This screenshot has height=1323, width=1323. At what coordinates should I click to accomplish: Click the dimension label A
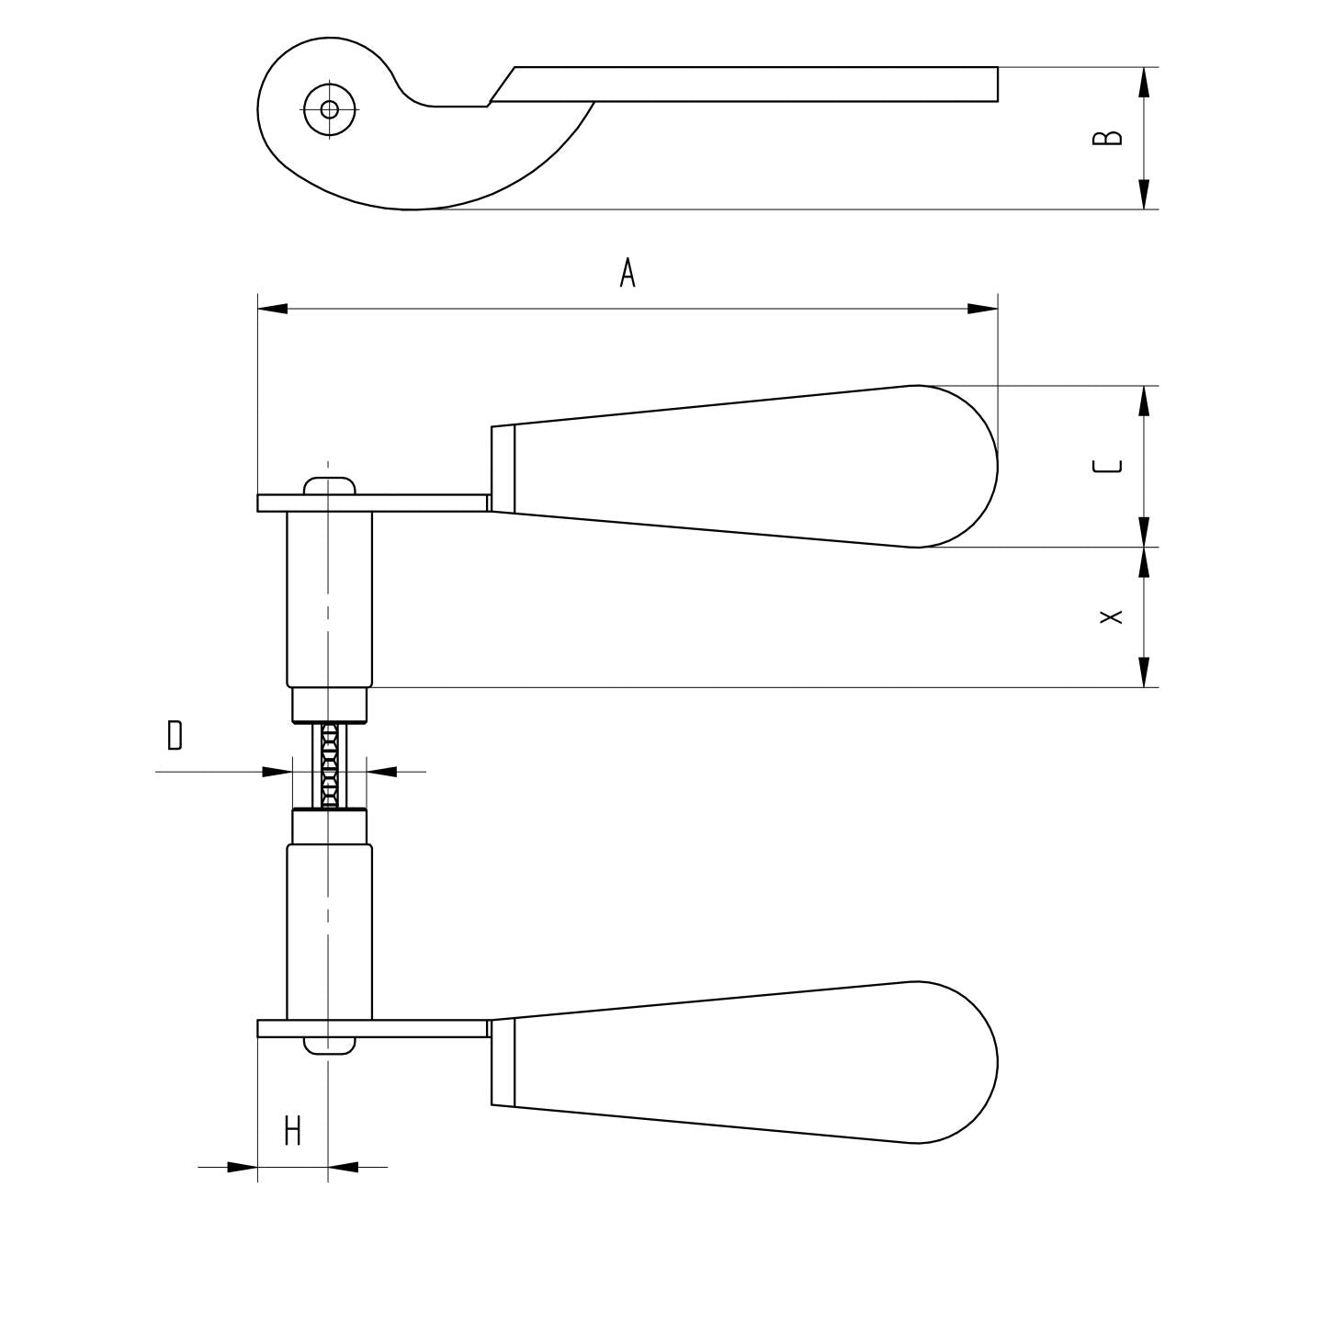click(628, 273)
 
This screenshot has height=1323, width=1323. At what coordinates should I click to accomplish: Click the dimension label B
click(1108, 137)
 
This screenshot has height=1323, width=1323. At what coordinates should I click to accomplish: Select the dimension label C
click(1108, 466)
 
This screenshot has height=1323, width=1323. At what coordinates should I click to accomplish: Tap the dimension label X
click(1112, 616)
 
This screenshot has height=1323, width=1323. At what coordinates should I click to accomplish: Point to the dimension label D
click(175, 736)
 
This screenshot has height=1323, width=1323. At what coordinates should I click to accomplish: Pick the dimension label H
click(292, 1131)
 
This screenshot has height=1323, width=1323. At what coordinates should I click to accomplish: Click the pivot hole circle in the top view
click(329, 109)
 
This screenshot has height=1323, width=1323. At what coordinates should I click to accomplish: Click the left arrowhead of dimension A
click(273, 309)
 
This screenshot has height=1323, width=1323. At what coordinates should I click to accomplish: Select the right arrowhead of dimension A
click(983, 309)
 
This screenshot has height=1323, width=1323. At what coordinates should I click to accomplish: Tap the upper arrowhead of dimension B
click(1144, 83)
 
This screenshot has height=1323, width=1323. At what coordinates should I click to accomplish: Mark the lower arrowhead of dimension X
click(1144, 672)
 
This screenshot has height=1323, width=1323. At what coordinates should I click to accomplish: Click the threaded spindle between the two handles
click(329, 765)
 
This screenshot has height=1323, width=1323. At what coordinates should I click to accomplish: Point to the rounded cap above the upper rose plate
click(329, 485)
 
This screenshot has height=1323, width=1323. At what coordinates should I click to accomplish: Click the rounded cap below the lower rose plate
click(329, 1046)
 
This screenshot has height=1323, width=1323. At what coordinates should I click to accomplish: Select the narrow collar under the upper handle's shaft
click(329, 706)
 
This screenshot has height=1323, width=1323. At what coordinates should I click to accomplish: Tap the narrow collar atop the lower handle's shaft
click(329, 826)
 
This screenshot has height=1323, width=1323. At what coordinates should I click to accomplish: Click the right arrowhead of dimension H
click(344, 1167)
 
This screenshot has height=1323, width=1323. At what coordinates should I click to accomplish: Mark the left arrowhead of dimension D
click(277, 772)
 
